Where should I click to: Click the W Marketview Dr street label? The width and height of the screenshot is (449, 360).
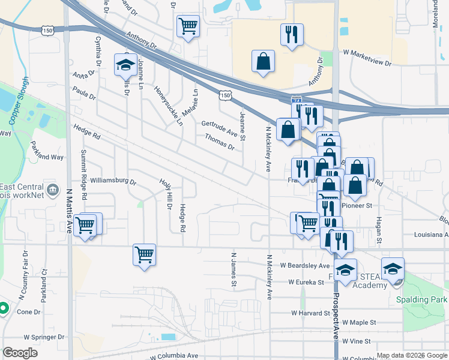click(x=367, y=63)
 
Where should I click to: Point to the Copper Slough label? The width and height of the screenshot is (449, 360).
click(x=18, y=100)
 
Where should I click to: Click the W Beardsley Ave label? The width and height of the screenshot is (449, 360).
click(x=305, y=265)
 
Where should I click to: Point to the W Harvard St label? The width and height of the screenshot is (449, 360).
click(x=311, y=313)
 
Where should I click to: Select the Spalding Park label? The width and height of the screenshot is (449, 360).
click(x=422, y=299)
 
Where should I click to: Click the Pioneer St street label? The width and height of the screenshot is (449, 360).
click(x=358, y=205)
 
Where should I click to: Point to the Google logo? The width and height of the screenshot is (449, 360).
click(x=20, y=353)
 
